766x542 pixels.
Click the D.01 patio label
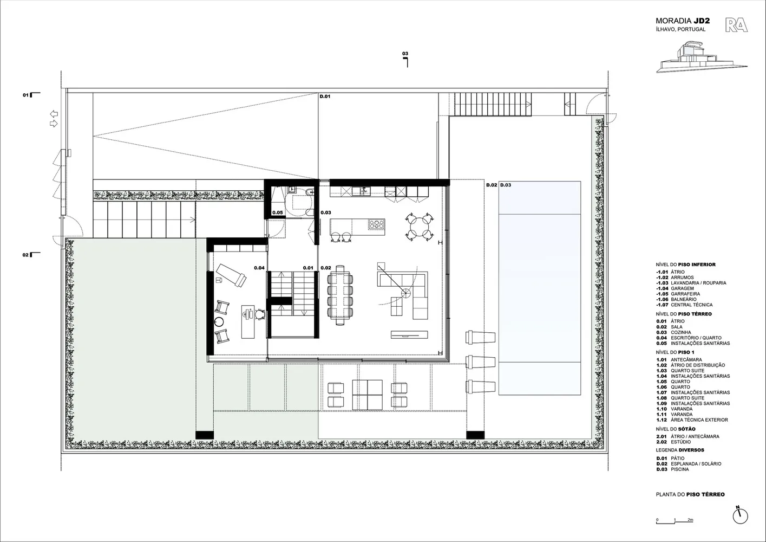click(x=325, y=96)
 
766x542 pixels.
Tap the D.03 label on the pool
click(x=506, y=185)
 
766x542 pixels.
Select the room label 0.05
click(x=277, y=212)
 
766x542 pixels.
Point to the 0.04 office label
click(x=259, y=268)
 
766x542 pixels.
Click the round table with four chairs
click(x=420, y=226)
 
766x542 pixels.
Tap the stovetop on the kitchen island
click(x=376, y=224)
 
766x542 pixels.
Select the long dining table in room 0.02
click(x=340, y=295)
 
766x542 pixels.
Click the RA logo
click(x=736, y=25)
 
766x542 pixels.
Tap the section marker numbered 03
click(x=405, y=60)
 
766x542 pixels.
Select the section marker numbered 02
click(x=31, y=255)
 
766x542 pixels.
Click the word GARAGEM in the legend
click(x=682, y=288)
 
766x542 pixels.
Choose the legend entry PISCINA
click(x=680, y=469)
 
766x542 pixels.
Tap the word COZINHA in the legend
click(x=681, y=332)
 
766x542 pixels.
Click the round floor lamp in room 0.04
click(x=219, y=321)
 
